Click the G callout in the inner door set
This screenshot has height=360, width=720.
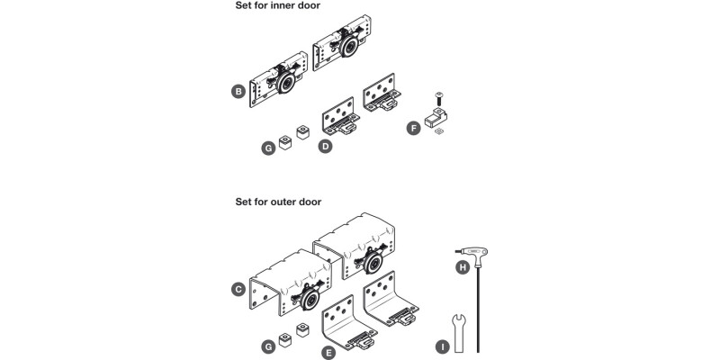point(267,147)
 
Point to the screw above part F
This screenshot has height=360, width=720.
point(437,98)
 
